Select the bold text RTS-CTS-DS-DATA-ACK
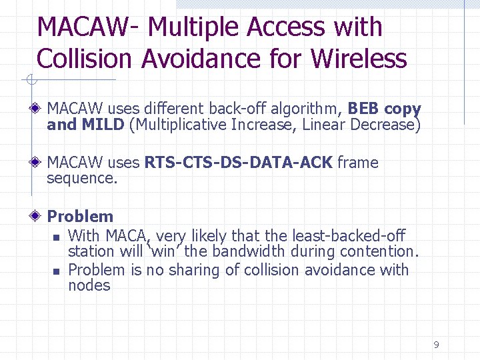pos(238,163)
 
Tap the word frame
pos(358,163)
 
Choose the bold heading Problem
pos(80,217)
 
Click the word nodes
pos(89,286)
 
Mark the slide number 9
pos(436,345)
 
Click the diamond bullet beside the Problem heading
pos(37,217)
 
